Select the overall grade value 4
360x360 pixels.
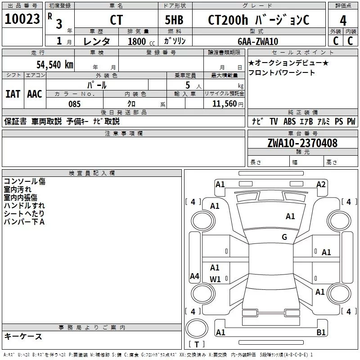343,20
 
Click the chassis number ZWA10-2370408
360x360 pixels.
302,143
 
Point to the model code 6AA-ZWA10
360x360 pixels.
258,41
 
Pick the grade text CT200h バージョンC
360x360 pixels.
259,20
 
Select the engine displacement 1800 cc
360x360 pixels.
140,41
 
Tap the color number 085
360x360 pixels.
74,104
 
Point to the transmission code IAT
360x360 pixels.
13,94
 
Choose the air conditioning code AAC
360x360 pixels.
34,94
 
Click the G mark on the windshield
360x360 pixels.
284,237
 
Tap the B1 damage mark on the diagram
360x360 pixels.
321,333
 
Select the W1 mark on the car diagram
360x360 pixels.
216,279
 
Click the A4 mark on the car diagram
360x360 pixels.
194,276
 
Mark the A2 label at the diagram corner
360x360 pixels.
321,184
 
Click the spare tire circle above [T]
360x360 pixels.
196,330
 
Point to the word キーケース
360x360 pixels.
23,337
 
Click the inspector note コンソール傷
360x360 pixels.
25,181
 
